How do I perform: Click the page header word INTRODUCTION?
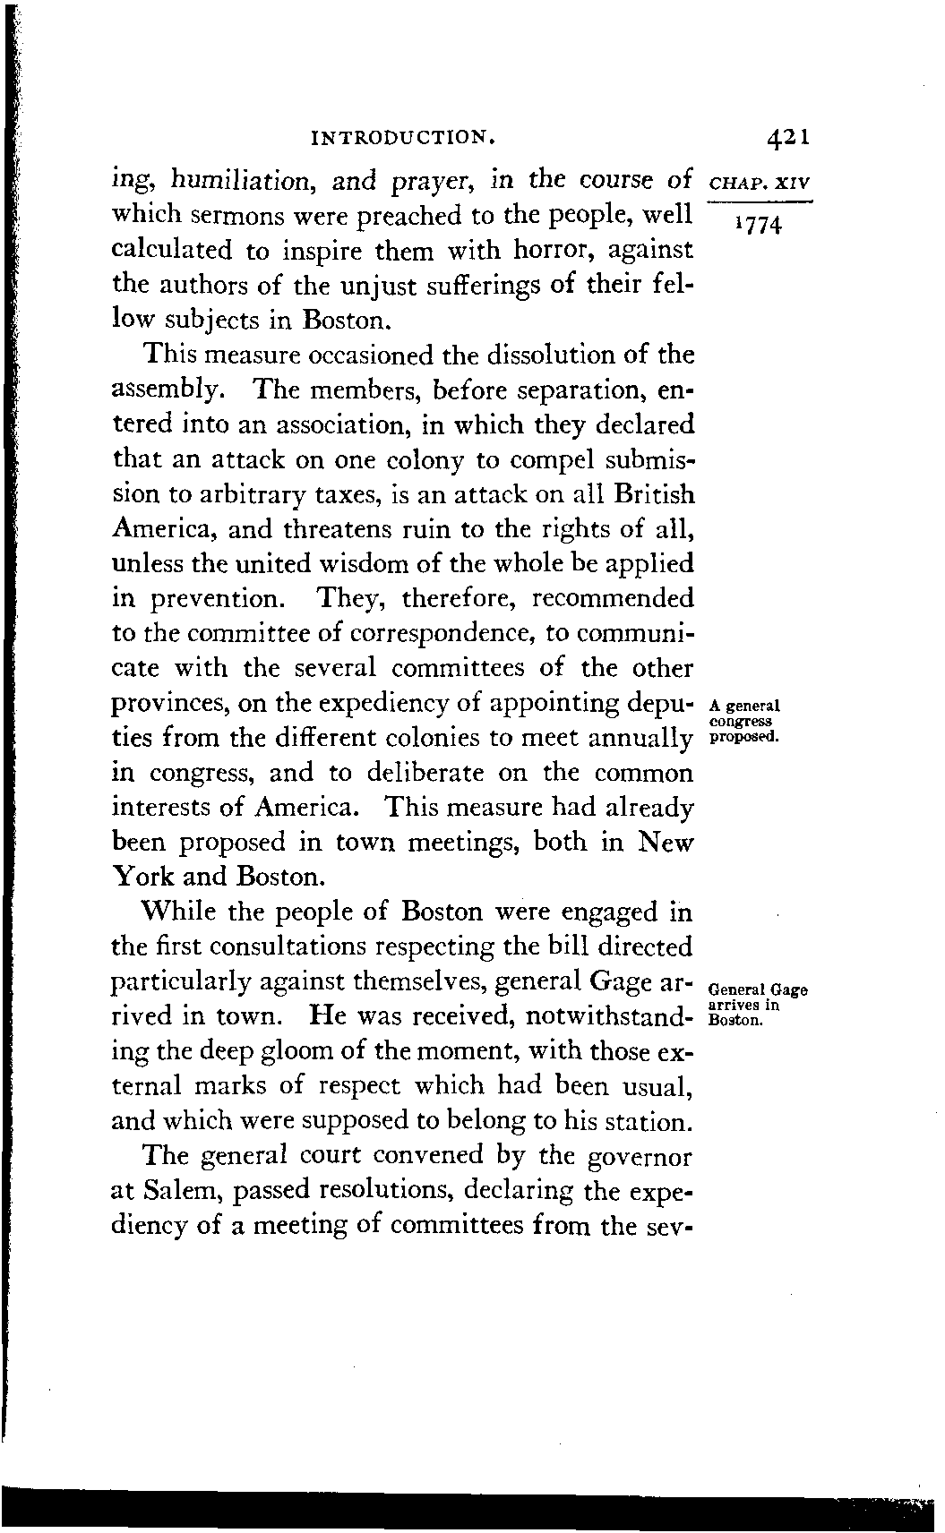402,139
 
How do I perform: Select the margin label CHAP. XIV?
758,182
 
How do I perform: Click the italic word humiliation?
237,181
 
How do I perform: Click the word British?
652,494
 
